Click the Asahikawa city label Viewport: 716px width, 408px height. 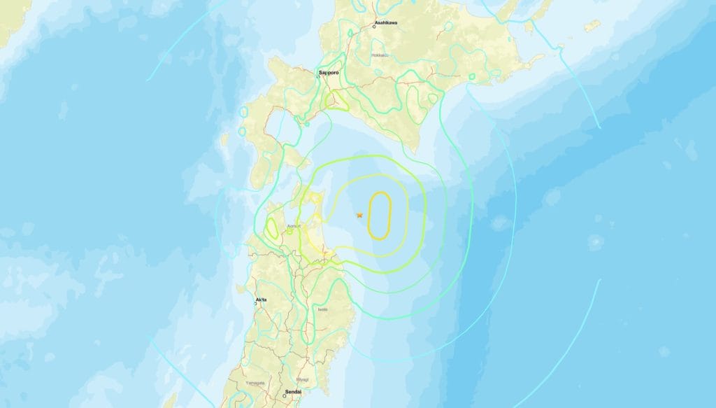point(385,22)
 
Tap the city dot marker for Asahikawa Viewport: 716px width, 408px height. point(374,27)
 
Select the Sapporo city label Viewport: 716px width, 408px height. point(329,71)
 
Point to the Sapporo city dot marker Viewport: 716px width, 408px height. point(321,76)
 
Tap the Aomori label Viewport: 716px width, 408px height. point(294,227)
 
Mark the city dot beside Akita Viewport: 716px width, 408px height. point(255,303)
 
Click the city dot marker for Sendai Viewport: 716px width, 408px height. point(284,396)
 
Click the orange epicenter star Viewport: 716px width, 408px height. point(359,215)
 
